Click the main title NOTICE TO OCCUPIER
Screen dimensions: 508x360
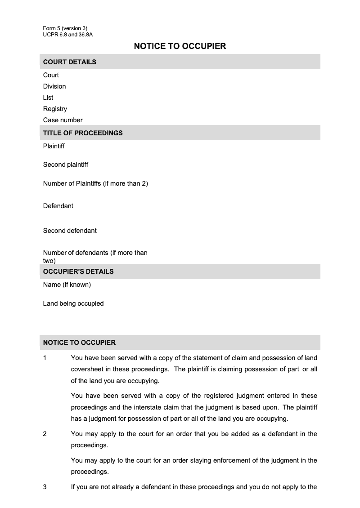coord(180,46)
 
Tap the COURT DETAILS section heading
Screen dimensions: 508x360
coord(70,62)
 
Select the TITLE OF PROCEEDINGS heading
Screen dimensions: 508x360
coord(83,133)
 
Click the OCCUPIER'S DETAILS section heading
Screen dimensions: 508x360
coord(78,272)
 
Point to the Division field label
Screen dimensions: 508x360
coord(54,86)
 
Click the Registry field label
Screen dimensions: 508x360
coord(55,109)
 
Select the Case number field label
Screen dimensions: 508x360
coord(63,120)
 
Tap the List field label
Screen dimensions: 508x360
coord(48,98)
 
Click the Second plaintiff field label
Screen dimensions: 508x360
coord(66,165)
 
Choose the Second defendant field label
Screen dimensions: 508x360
coord(70,231)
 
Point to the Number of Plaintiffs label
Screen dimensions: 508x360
coord(95,183)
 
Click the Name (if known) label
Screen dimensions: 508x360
coord(67,285)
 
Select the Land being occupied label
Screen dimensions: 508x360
coord(73,303)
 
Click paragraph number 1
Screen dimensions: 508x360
coord(45,358)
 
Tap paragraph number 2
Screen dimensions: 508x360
coord(45,434)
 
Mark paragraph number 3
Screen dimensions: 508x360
coord(45,487)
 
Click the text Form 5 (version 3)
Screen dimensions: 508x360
coord(65,28)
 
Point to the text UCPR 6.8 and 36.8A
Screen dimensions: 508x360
coord(68,34)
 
